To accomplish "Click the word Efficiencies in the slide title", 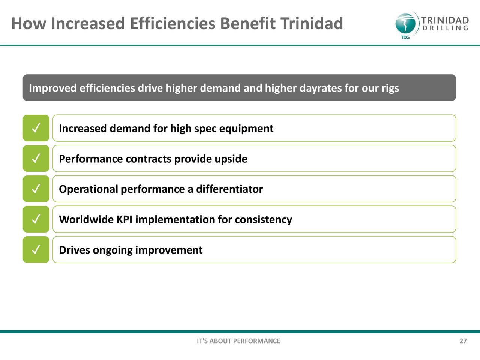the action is tap(173, 23).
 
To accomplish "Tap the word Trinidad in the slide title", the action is tap(312, 23).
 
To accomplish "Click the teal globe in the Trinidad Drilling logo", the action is tap(406, 24).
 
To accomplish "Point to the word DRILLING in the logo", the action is tap(445, 28).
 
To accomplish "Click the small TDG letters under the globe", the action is tap(405, 37).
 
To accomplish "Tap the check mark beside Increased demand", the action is tap(36, 128).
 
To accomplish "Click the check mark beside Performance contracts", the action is tap(36, 158).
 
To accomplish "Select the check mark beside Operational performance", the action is tap(36, 189).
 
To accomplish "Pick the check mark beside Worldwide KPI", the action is tap(36, 219).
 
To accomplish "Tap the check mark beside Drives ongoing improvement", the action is tap(36, 249).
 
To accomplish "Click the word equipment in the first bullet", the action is tap(246, 129).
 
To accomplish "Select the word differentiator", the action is tap(229, 189).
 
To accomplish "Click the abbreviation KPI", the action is tap(124, 220).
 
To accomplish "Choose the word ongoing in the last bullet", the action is tap(112, 250).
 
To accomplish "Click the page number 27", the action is tap(463, 341).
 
